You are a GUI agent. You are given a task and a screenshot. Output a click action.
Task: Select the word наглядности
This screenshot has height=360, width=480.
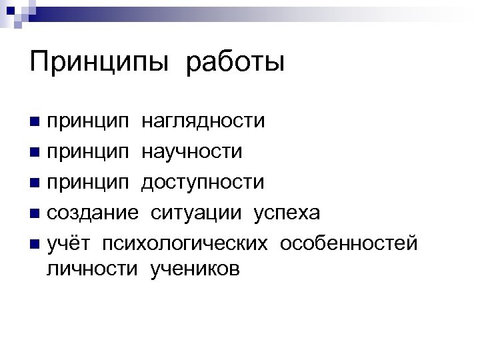tap(203, 121)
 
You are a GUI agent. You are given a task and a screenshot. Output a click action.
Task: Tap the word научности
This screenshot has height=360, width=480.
tap(191, 152)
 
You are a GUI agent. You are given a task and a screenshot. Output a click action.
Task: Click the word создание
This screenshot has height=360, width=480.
tap(93, 213)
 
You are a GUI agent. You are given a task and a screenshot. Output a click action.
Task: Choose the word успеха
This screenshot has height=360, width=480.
tap(287, 213)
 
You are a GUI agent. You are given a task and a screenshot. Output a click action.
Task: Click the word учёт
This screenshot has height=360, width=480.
tap(69, 243)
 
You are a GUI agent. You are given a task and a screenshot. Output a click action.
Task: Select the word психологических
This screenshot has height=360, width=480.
tap(185, 243)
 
